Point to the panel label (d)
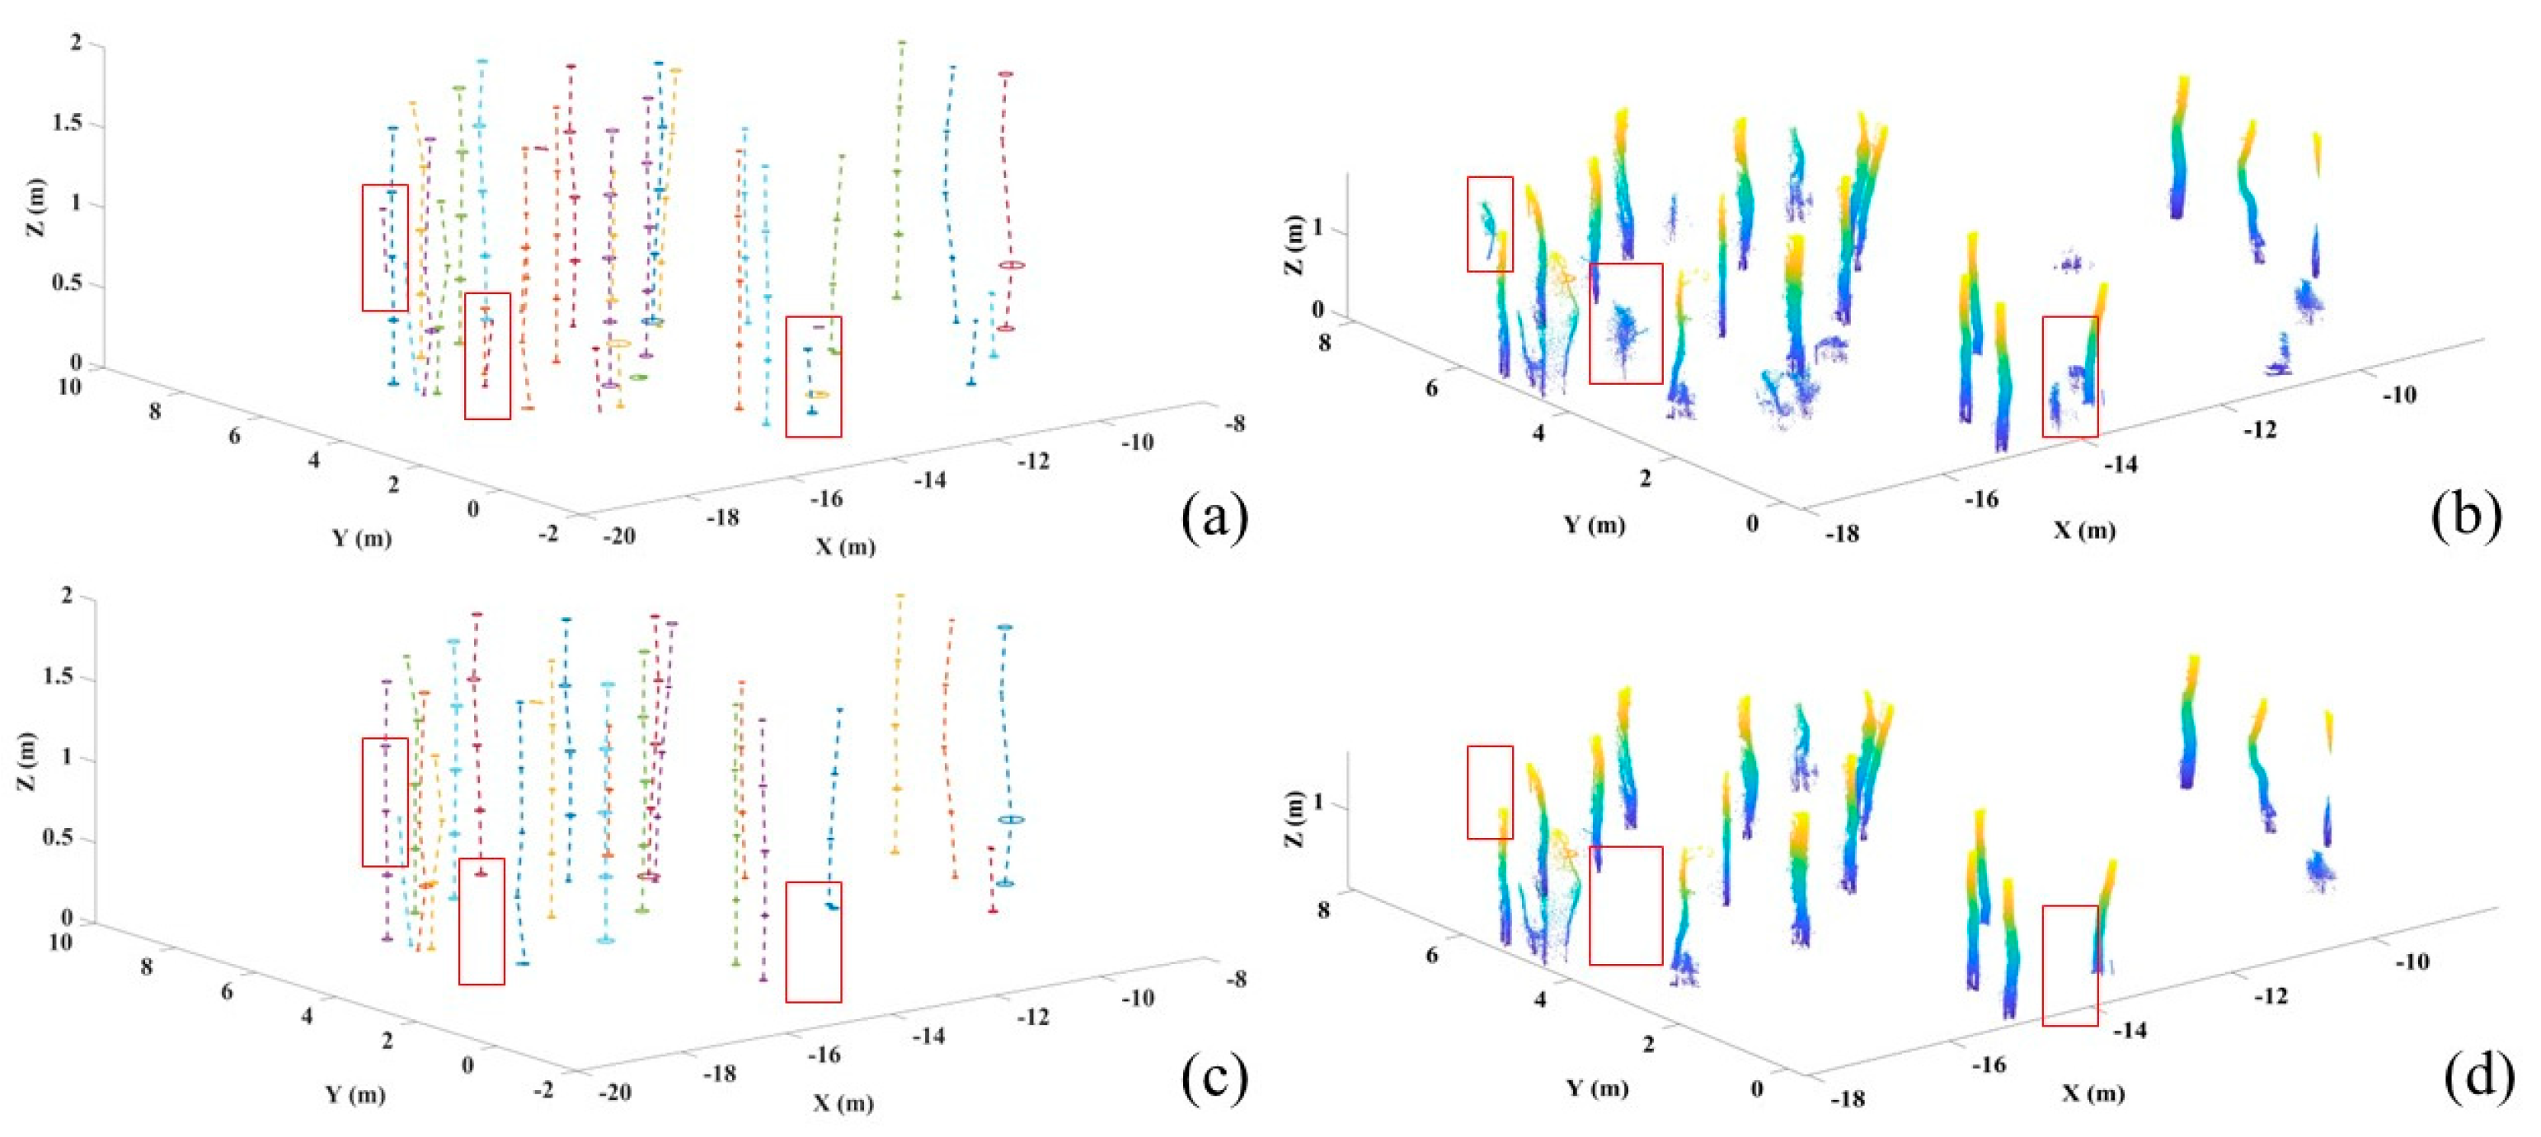pos(2479,1076)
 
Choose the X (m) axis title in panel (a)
pos(845,546)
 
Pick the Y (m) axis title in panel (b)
pos(1594,525)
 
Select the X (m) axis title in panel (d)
pos(2093,1093)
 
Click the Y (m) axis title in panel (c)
pos(355,1095)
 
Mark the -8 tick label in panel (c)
pos(1233,979)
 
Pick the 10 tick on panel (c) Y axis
pos(60,943)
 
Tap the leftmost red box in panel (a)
pos(385,247)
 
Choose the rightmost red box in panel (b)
pos(2069,376)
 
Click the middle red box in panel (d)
pos(1625,905)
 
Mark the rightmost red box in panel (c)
pos(813,942)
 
